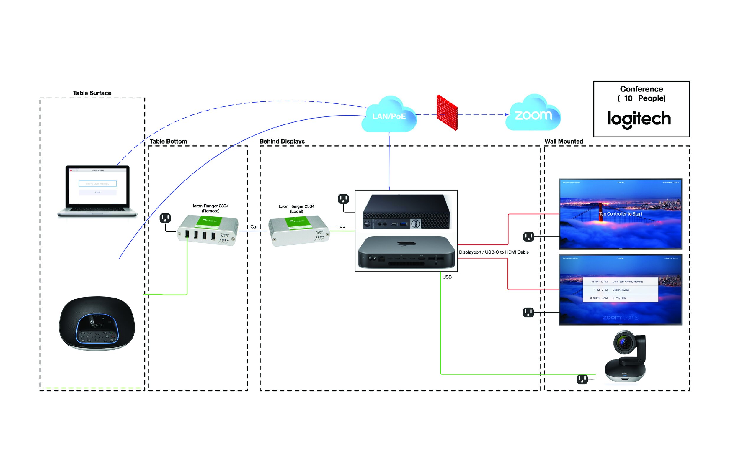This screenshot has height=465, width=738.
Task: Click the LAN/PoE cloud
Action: pyautogui.click(x=388, y=115)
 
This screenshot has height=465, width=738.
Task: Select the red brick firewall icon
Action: pyautogui.click(x=447, y=113)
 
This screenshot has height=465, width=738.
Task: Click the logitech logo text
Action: pyautogui.click(x=639, y=119)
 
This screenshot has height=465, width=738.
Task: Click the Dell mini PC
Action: pyautogui.click(x=406, y=212)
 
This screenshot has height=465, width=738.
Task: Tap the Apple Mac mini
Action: pyautogui.click(x=406, y=252)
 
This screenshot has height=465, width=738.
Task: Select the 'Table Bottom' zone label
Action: pyautogui.click(x=168, y=142)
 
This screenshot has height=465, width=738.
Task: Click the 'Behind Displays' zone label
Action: pyautogui.click(x=282, y=142)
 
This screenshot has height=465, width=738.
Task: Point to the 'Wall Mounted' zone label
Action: pyautogui.click(x=564, y=142)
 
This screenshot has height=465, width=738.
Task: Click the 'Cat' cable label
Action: pyautogui.click(x=254, y=227)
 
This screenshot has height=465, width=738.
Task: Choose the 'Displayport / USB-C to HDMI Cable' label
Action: pyautogui.click(x=494, y=252)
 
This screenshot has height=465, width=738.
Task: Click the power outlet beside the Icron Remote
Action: pyautogui.click(x=165, y=218)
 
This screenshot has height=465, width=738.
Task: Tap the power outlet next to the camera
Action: pyautogui.click(x=582, y=379)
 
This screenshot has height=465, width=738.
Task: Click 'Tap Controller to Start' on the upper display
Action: pyautogui.click(x=621, y=214)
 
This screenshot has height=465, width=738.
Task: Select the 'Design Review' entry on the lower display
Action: pyautogui.click(x=620, y=290)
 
